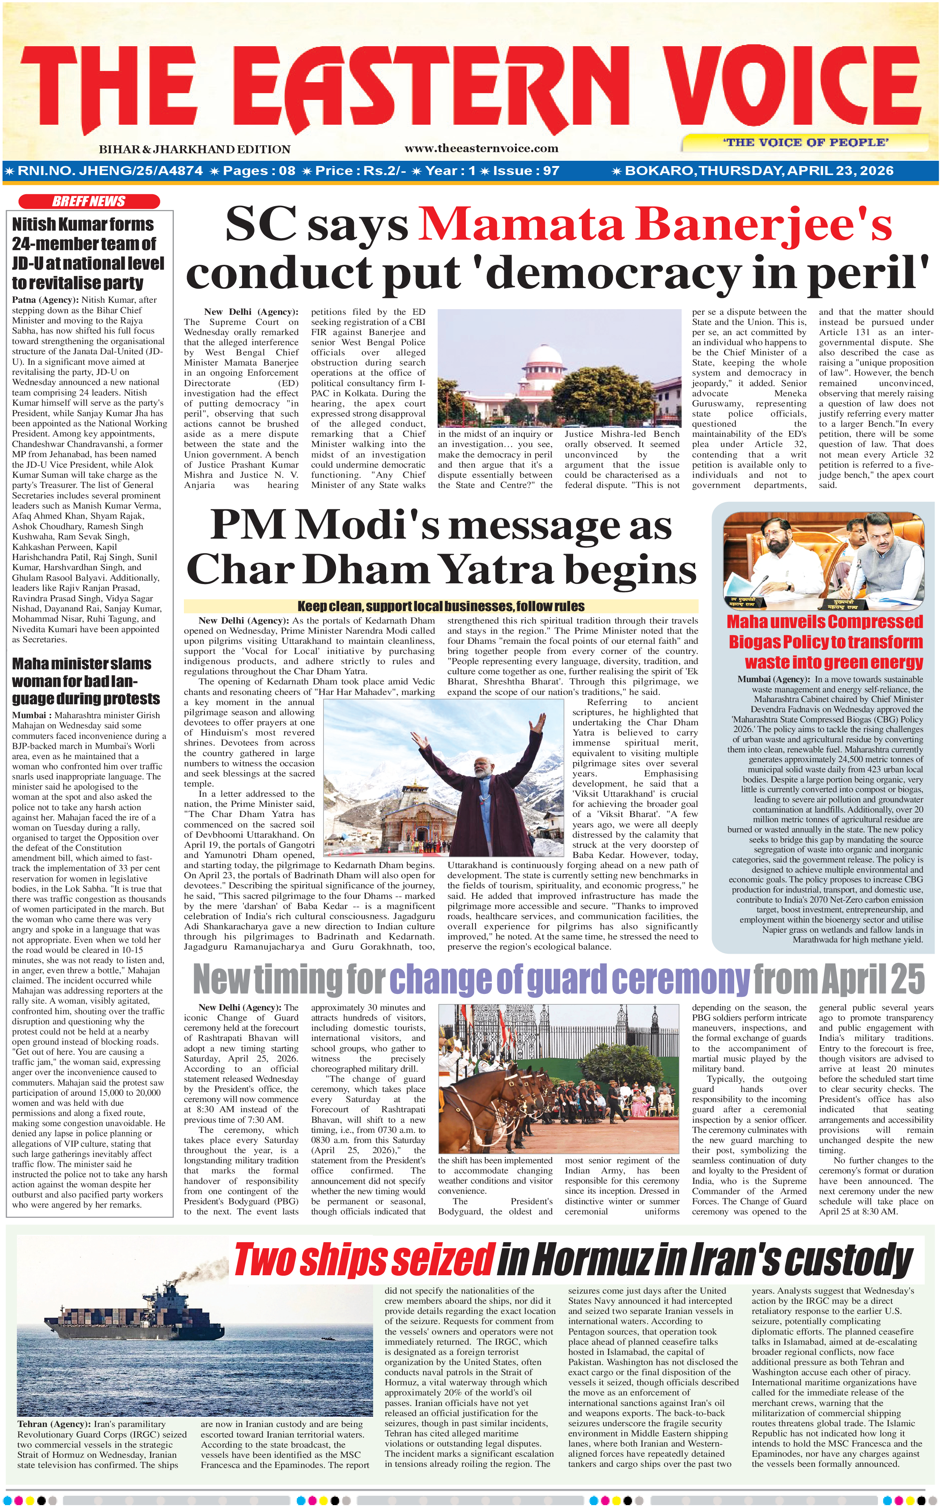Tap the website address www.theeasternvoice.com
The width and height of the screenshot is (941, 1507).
(x=481, y=148)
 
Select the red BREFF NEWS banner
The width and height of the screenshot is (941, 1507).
(x=89, y=201)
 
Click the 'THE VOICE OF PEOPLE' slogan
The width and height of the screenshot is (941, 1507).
(x=805, y=143)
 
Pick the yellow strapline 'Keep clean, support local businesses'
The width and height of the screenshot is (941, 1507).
(x=441, y=606)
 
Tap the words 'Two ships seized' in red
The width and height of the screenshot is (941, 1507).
(x=363, y=1259)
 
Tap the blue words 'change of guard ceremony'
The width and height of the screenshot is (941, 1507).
(x=569, y=980)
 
